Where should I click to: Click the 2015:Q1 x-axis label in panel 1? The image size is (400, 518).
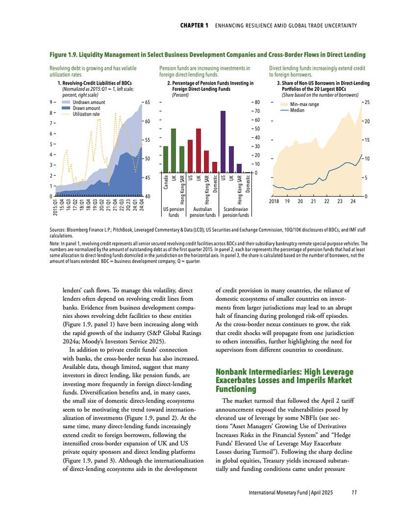[55, 208]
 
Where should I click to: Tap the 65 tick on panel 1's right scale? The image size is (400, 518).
[147, 102]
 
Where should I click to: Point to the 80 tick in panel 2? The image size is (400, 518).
[257, 102]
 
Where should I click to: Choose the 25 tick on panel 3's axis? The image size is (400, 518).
[367, 102]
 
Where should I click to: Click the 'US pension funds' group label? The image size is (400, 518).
[174, 213]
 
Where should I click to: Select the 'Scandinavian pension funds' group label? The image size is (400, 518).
[235, 213]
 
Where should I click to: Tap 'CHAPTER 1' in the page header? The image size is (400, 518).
[194, 26]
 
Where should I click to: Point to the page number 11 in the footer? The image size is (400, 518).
[354, 492]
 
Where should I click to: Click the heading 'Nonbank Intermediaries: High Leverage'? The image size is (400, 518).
[283, 372]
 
